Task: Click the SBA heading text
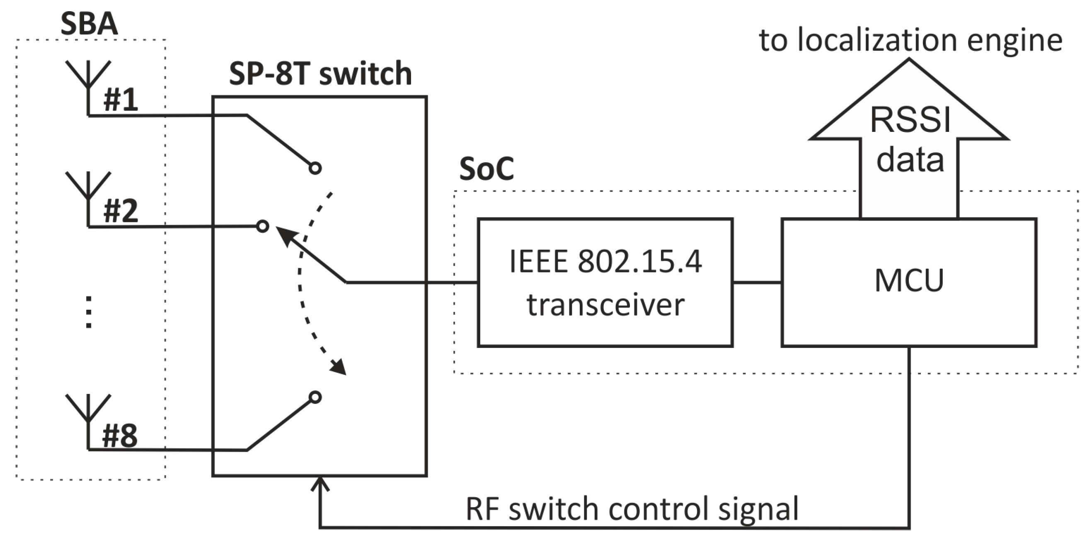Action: click(x=89, y=24)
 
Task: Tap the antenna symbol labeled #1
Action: click(x=88, y=76)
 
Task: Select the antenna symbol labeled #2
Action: click(x=88, y=187)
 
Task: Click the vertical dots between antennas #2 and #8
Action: click(x=89, y=312)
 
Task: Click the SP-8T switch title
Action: click(x=320, y=73)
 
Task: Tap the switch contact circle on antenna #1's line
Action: click(x=315, y=168)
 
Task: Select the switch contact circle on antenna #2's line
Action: click(x=262, y=226)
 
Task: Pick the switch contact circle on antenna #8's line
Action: click(x=315, y=397)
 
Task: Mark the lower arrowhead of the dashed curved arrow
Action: click(x=339, y=367)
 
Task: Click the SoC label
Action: click(x=486, y=169)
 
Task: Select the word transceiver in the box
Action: click(x=605, y=305)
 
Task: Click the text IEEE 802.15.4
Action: click(x=605, y=261)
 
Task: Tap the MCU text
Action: click(x=909, y=280)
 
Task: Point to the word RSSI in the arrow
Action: click(x=910, y=120)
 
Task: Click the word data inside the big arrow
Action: click(x=910, y=160)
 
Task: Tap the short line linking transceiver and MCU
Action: click(x=757, y=282)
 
